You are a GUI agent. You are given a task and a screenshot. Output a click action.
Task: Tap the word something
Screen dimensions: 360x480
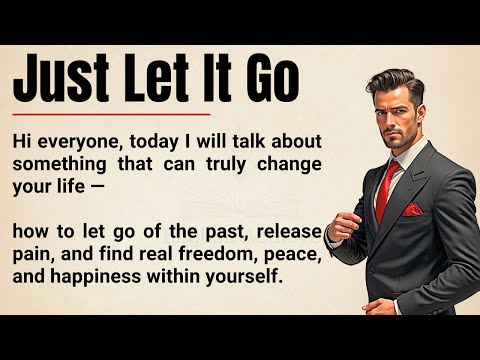pyautogui.click(x=60, y=164)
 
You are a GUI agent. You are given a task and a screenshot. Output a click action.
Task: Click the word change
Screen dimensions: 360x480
pyautogui.click(x=292, y=164)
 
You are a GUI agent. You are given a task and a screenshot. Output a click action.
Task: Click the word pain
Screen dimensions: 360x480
pyautogui.click(x=35, y=256)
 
